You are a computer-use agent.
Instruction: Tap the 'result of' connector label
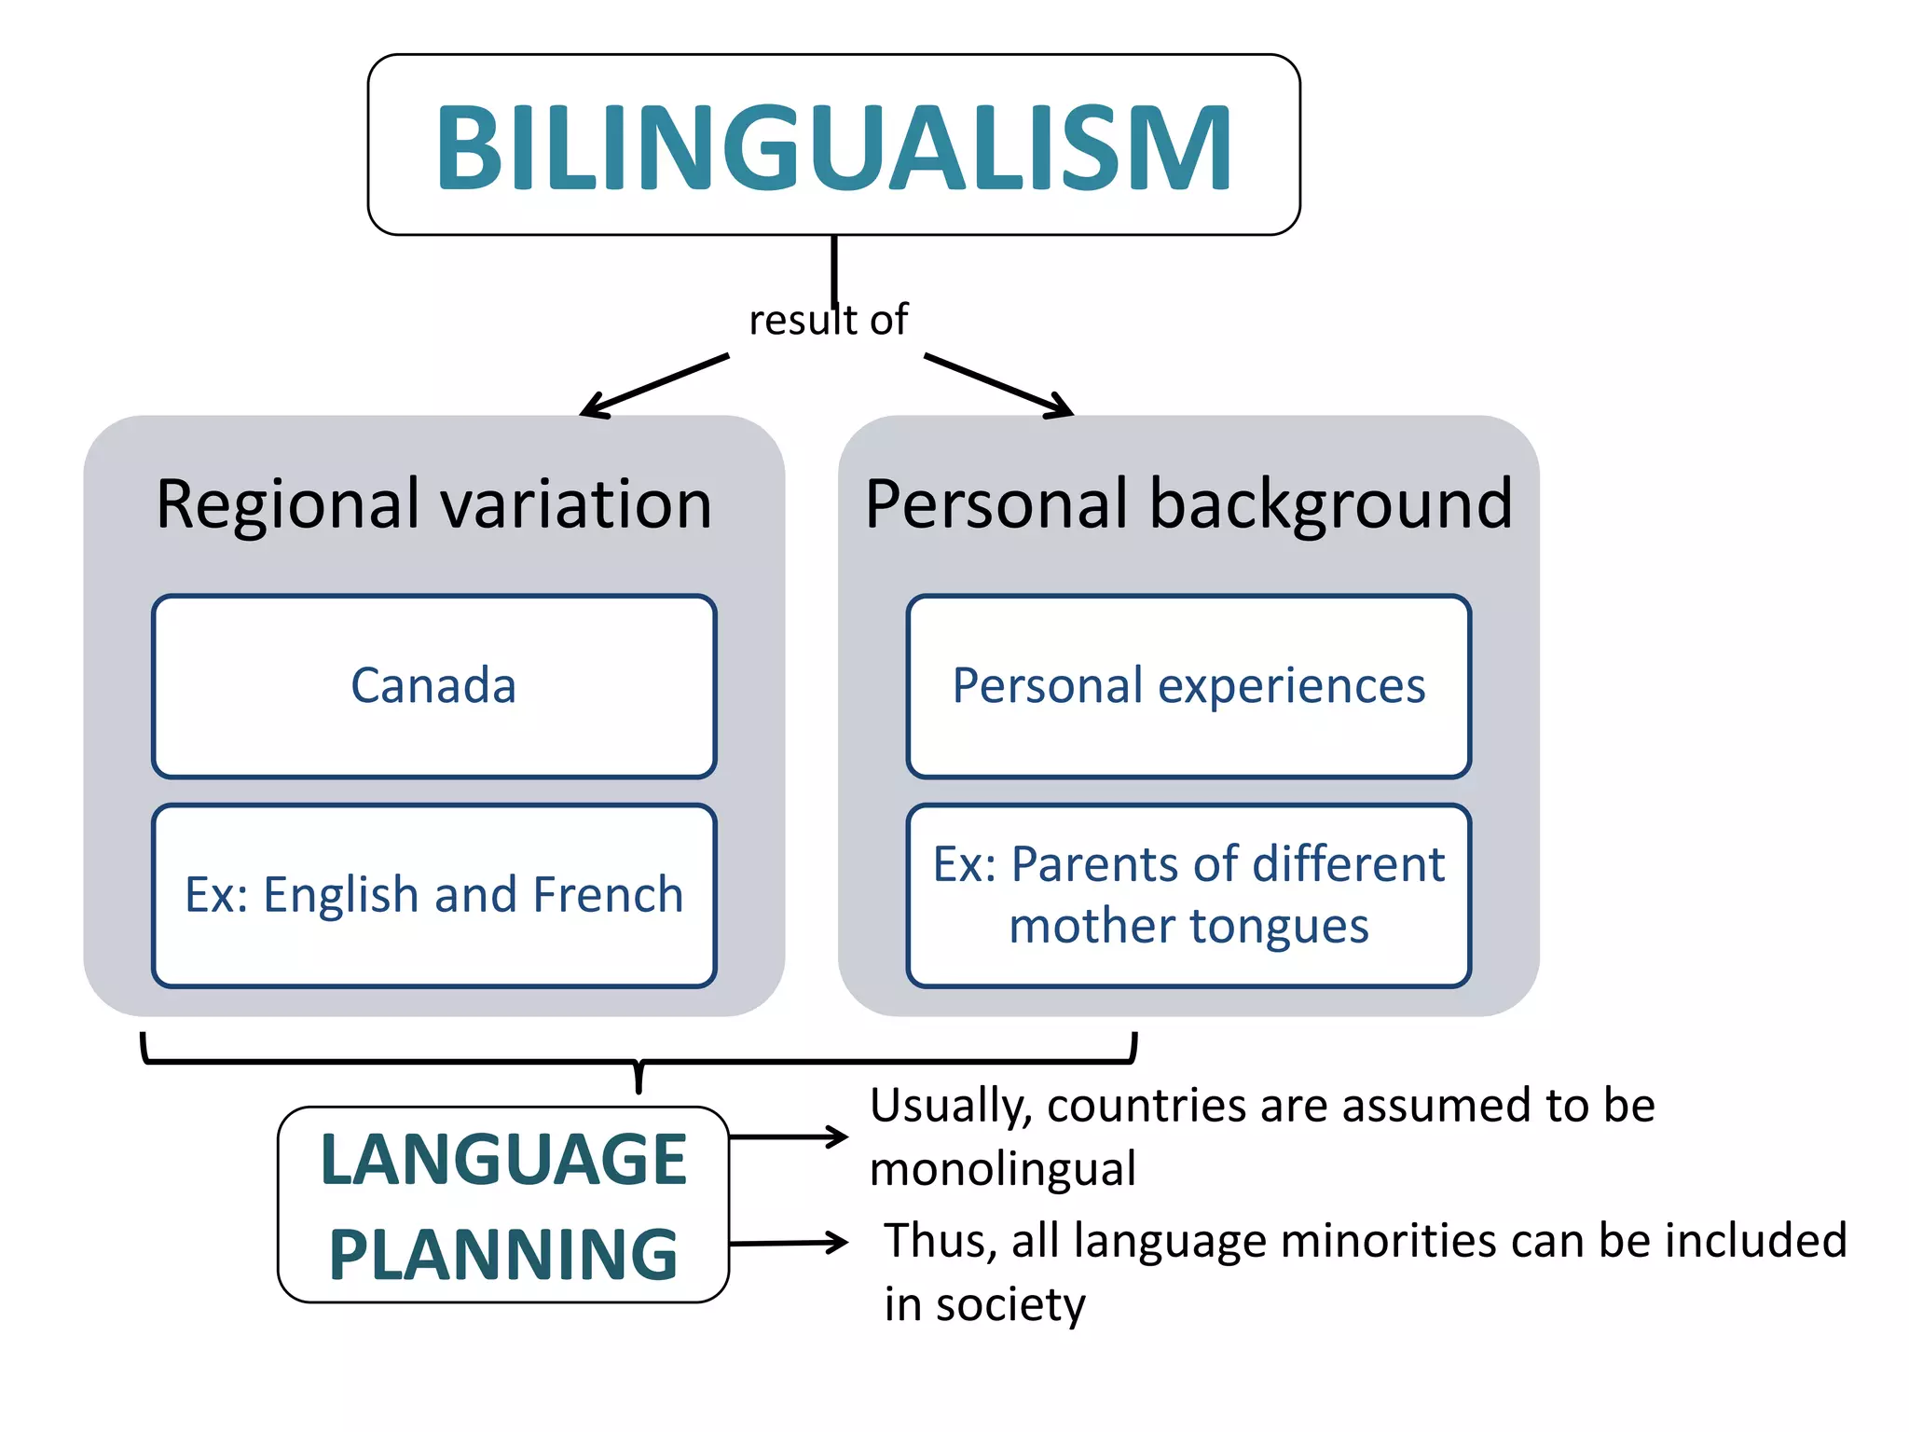tap(828, 321)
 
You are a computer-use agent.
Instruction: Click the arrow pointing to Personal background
tap(998, 385)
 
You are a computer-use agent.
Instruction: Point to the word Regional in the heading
tap(288, 506)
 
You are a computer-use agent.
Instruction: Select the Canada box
tap(434, 686)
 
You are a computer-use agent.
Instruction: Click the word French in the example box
tap(609, 895)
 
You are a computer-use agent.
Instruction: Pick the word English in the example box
tap(340, 896)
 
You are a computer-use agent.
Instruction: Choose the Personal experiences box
tap(1188, 686)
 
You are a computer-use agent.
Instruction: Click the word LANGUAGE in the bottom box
tap(503, 1160)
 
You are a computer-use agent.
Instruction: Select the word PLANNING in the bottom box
tap(503, 1255)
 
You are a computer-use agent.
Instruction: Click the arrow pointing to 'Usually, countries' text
tap(788, 1136)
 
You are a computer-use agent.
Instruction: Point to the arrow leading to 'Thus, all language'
tap(788, 1243)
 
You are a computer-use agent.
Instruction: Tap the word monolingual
tap(1002, 1169)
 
